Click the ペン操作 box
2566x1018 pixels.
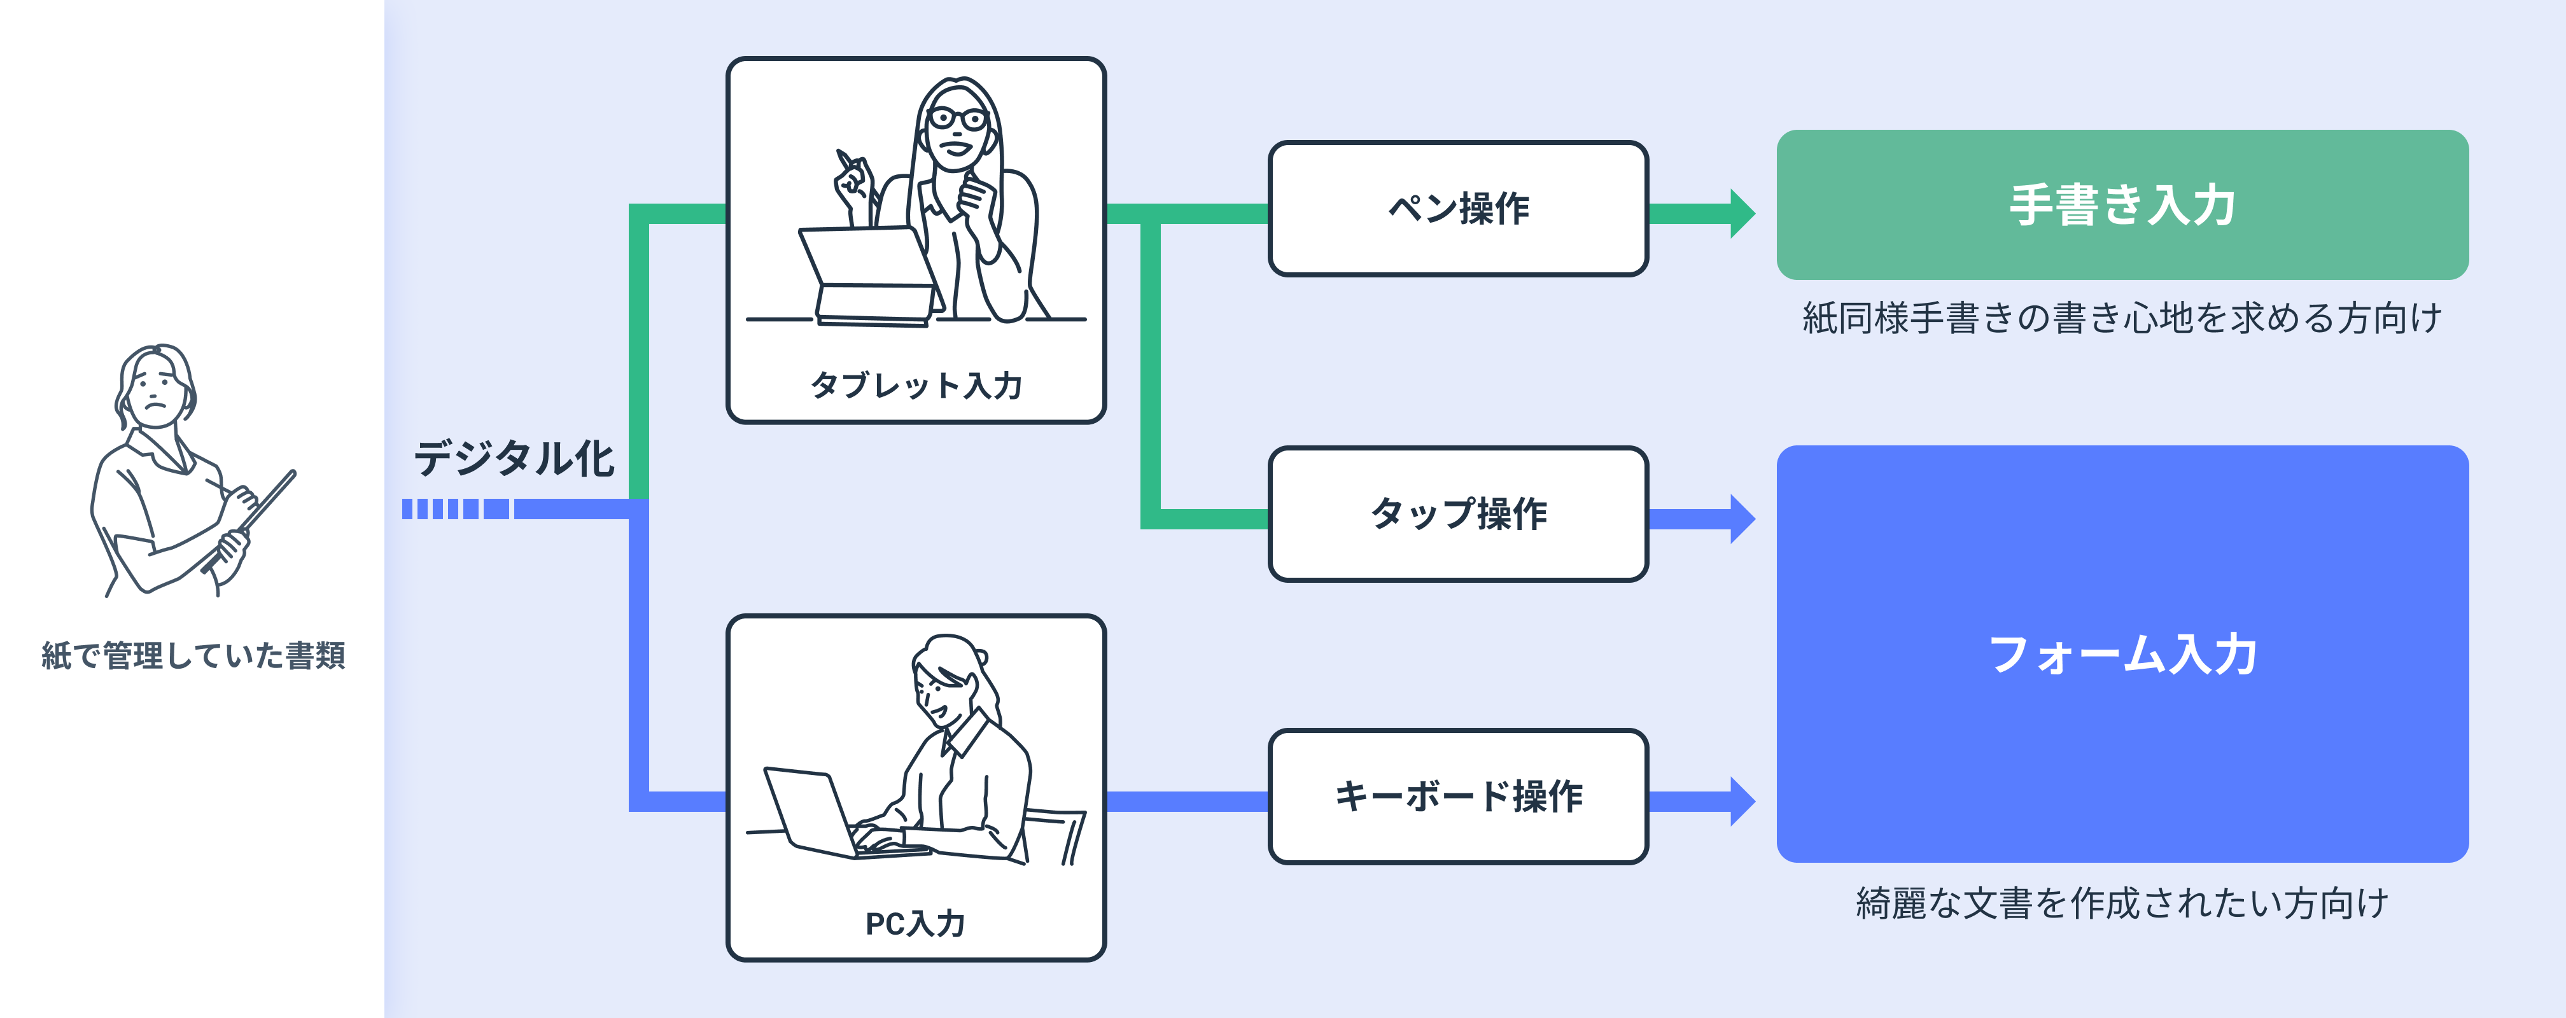point(1457,208)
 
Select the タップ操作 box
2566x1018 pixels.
point(1457,514)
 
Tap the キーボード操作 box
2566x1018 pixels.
point(1457,796)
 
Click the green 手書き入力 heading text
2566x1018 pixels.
point(2122,206)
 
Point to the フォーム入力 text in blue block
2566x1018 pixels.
point(2122,655)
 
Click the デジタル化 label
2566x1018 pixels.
point(513,458)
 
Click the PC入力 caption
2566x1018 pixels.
point(915,923)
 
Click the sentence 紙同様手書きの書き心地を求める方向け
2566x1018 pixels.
point(2122,317)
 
